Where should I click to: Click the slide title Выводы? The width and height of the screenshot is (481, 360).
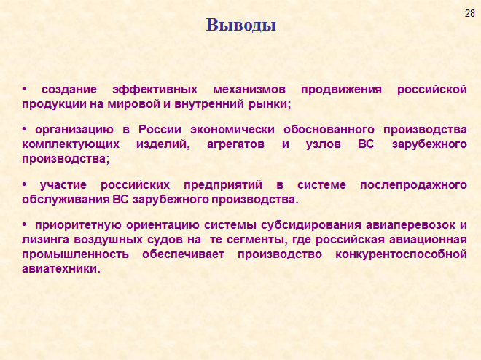pos(240,26)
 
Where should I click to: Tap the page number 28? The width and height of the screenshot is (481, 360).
pos(469,14)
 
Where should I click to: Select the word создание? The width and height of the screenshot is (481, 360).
pos(69,90)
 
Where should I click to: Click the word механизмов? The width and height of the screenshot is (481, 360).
pos(249,90)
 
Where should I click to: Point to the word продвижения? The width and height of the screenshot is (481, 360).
pos(341,90)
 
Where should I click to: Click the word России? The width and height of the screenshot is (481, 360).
pos(160,130)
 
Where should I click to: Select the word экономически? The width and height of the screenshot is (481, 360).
pos(232,130)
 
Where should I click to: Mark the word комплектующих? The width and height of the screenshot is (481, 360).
pos(71,144)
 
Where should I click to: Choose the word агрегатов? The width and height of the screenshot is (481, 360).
pos(235,144)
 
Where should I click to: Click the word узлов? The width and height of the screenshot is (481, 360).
pos(324,144)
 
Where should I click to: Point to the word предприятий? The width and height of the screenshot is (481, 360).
pos(223,186)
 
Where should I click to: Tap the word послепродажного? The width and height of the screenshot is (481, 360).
pos(413,186)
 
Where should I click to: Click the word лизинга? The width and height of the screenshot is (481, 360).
pos(45,240)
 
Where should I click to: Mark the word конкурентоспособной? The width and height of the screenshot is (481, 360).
pos(402,255)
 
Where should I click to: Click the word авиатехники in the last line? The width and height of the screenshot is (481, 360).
pos(61,269)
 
